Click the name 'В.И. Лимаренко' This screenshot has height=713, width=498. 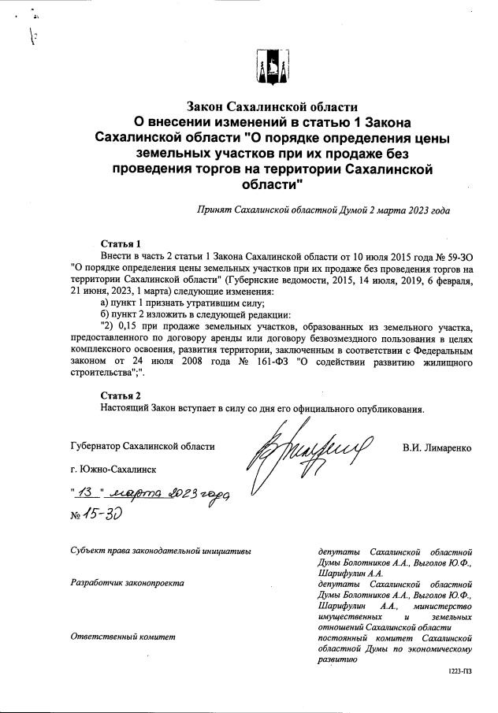437,447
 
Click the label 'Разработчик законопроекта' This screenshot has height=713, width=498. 127,583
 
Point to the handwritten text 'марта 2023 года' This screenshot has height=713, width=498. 170,493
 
